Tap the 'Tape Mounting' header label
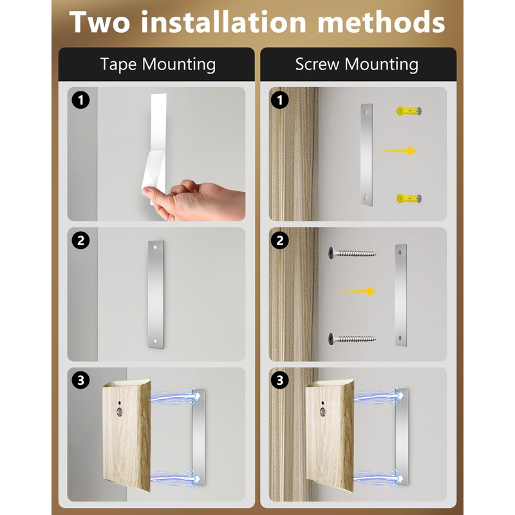coord(158,64)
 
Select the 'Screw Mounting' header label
coord(357,64)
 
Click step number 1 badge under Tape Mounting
coord(81,100)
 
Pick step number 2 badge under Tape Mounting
coord(81,241)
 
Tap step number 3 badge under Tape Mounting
coord(81,380)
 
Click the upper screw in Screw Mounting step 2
coord(351,253)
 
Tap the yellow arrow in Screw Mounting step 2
coord(357,291)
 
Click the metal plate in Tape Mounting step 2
coord(156,295)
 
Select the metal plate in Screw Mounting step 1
coord(366,154)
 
